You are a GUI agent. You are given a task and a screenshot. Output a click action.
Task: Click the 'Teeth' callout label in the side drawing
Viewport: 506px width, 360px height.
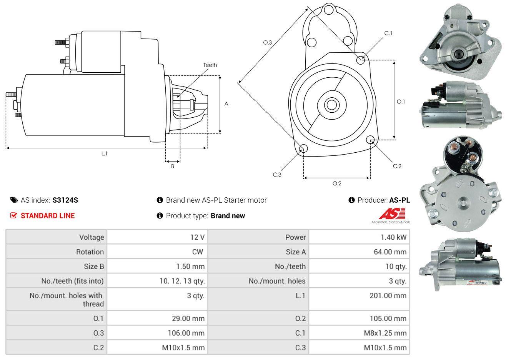click(x=210, y=65)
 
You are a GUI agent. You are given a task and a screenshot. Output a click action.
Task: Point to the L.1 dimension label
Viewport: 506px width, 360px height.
click(x=104, y=153)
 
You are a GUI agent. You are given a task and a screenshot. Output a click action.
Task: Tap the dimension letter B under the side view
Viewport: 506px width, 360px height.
click(x=173, y=166)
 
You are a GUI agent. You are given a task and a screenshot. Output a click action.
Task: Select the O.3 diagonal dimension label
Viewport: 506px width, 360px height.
click(x=268, y=42)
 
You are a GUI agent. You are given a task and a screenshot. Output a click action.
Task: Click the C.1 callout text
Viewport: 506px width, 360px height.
click(x=388, y=33)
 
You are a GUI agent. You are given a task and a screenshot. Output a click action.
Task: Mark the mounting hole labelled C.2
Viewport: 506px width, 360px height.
click(x=370, y=140)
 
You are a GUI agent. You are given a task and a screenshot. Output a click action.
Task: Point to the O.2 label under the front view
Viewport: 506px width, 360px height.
click(x=337, y=183)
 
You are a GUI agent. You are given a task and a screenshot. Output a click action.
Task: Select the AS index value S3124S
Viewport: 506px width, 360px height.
click(x=65, y=200)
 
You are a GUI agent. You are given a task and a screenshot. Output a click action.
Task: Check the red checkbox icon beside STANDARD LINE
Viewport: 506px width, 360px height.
click(x=13, y=215)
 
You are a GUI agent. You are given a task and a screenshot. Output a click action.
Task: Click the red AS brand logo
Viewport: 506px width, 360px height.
click(x=391, y=214)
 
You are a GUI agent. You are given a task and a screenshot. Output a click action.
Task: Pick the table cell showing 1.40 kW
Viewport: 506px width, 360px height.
click(x=393, y=237)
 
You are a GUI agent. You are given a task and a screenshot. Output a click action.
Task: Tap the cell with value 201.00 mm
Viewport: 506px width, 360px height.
click(x=390, y=296)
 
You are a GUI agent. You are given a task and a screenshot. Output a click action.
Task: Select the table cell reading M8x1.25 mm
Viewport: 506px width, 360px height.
click(x=385, y=333)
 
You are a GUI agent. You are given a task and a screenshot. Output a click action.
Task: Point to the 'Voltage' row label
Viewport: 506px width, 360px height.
click(x=92, y=237)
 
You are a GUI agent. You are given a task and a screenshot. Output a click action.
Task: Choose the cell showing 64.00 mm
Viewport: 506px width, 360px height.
click(x=390, y=252)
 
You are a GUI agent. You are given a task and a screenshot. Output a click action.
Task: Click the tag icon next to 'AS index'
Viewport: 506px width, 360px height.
click(x=14, y=200)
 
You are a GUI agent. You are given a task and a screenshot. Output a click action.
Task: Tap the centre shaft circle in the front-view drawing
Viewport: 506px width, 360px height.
click(x=330, y=104)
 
